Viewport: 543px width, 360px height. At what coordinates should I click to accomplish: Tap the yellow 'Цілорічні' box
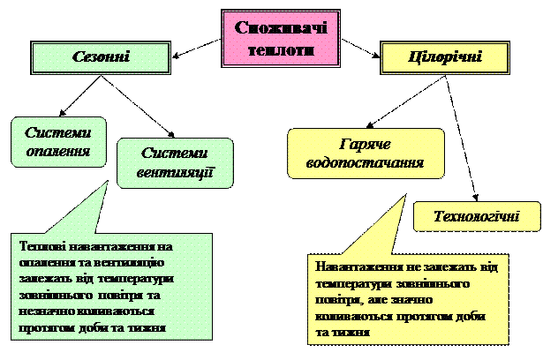447,57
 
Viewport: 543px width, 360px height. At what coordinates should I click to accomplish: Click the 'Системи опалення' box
58,141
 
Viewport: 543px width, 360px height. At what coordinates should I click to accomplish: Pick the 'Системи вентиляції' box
175,162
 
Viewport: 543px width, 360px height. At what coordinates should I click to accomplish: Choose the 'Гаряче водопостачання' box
366,153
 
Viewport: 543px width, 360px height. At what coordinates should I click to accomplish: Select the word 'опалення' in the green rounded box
58,151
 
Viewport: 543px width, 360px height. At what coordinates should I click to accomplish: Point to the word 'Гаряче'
366,144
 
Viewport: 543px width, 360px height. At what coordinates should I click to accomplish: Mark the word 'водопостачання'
366,163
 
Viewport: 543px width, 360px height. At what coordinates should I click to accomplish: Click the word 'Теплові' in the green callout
41,247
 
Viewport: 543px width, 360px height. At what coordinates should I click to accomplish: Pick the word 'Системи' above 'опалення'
58,132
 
